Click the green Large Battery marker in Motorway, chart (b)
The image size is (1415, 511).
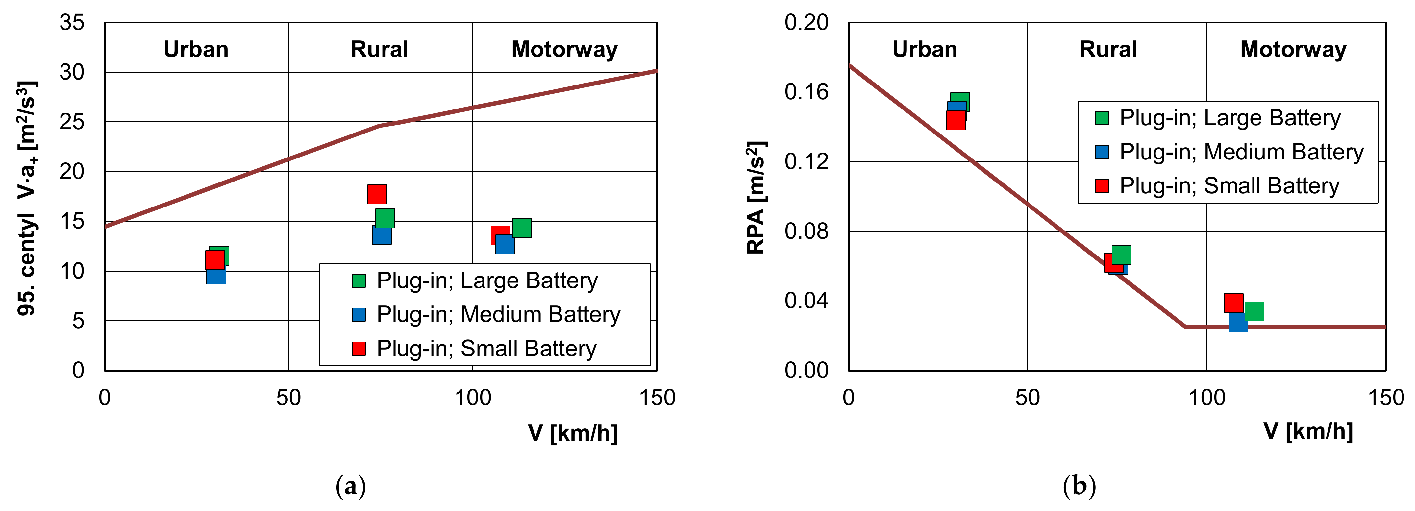pyautogui.click(x=1254, y=311)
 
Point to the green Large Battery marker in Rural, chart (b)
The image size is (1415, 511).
pyautogui.click(x=1122, y=254)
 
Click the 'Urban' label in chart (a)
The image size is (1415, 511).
pyautogui.click(x=196, y=49)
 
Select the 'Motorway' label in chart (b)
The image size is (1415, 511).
pyautogui.click(x=1293, y=49)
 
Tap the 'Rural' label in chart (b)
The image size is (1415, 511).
pyautogui.click(x=1107, y=49)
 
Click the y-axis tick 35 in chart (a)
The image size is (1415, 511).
pyautogui.click(x=72, y=22)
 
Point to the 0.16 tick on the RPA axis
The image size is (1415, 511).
pyautogui.click(x=806, y=92)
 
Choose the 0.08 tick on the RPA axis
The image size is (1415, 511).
pyautogui.click(x=806, y=231)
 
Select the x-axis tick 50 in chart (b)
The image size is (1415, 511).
pyautogui.click(x=1027, y=397)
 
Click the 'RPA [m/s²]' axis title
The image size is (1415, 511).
pyautogui.click(x=757, y=198)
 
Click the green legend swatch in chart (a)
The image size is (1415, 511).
pyautogui.click(x=359, y=281)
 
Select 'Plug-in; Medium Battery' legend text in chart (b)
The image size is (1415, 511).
pyautogui.click(x=1241, y=152)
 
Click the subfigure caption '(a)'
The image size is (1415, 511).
pyautogui.click(x=350, y=486)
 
